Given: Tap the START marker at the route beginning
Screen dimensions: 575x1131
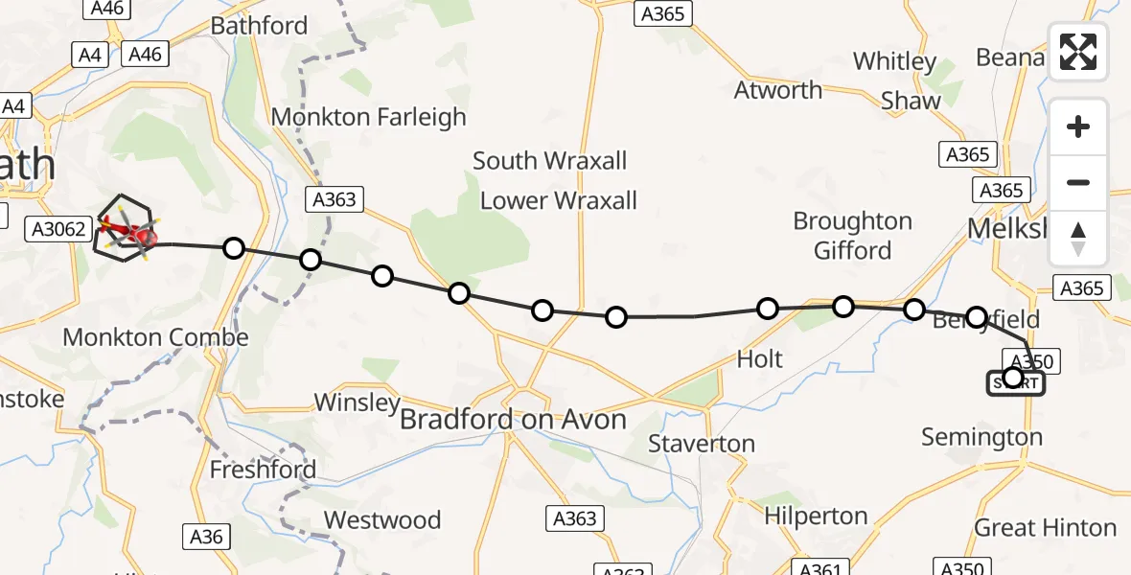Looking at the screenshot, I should pyautogui.click(x=1014, y=383).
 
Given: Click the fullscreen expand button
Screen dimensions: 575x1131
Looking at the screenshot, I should pyautogui.click(x=1078, y=52).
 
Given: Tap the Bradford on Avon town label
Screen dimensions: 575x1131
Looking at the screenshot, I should pyautogui.click(x=513, y=419).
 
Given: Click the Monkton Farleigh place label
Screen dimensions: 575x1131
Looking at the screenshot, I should pyautogui.click(x=369, y=117).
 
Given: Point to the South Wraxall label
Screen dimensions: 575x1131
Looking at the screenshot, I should pyautogui.click(x=549, y=160).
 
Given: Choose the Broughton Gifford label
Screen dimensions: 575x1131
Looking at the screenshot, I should pyautogui.click(x=852, y=236).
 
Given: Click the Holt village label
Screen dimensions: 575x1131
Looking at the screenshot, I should pyautogui.click(x=759, y=359).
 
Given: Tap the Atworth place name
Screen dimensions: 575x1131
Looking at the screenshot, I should pyautogui.click(x=778, y=90).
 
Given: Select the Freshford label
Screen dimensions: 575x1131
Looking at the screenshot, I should pyautogui.click(x=263, y=471).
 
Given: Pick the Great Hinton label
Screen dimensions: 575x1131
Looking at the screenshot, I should pyautogui.click(x=1046, y=527).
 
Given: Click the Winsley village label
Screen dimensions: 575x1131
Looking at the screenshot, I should pyautogui.click(x=357, y=402).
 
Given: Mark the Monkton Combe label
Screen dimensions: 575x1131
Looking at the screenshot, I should pyautogui.click(x=156, y=337).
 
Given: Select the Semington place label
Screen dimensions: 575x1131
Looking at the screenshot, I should pyautogui.click(x=981, y=437).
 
